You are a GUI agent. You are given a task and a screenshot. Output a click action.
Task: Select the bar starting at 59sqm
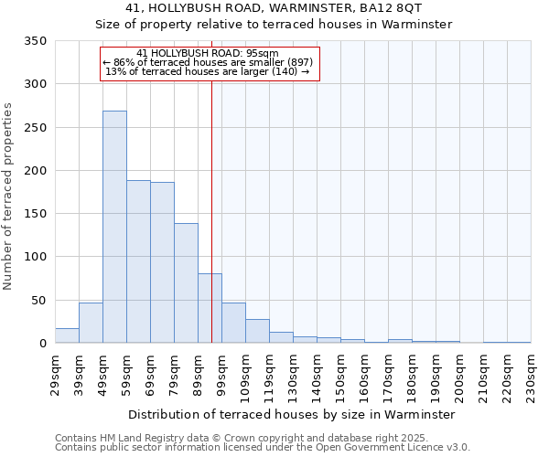(x=138, y=261)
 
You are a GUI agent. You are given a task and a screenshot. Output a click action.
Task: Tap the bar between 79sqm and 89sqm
(x=186, y=283)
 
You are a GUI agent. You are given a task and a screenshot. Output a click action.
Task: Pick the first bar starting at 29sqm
(x=67, y=335)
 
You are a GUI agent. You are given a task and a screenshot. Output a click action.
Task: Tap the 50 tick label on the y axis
(x=38, y=300)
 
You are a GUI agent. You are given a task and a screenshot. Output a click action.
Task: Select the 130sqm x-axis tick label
(x=293, y=376)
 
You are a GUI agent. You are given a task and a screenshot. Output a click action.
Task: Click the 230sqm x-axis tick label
(x=531, y=376)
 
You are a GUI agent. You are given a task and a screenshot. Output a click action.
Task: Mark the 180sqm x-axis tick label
(x=412, y=376)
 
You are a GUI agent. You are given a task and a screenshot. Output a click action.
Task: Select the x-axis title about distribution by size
(x=292, y=414)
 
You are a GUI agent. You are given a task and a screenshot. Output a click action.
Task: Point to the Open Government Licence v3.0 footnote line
(x=263, y=448)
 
